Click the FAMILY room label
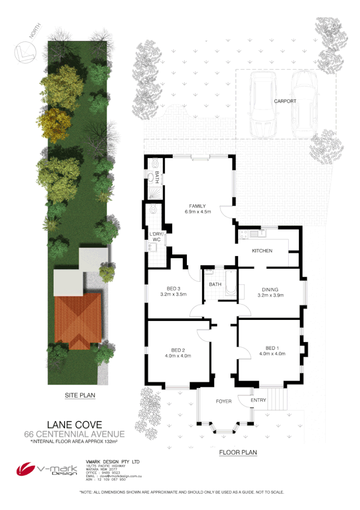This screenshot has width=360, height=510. [197, 206]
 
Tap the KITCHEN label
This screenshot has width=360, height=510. [261, 251]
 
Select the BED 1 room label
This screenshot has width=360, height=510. [272, 348]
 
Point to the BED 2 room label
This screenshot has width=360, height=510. [178, 350]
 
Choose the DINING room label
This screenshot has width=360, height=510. [271, 289]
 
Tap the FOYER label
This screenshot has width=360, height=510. [223, 402]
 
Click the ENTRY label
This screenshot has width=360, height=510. [259, 401]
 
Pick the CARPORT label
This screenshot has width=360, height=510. [285, 101]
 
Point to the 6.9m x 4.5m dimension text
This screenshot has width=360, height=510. [197, 212]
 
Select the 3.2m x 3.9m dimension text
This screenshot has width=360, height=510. [271, 295]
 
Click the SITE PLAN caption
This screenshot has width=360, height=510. [76, 396]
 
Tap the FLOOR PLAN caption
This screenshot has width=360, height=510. [238, 452]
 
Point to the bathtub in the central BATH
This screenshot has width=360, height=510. [230, 283]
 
